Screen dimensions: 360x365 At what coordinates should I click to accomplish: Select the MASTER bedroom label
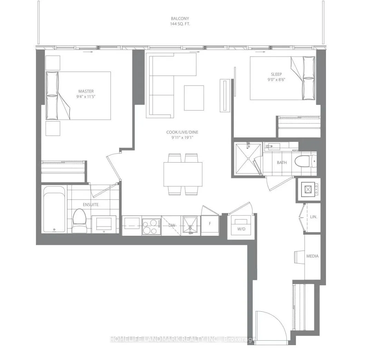tap(86, 91)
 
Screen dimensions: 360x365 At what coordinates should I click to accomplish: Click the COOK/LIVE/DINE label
tap(182, 132)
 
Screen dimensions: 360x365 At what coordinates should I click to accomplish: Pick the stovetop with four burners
tap(152, 226)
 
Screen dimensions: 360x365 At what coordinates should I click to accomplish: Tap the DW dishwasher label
tap(172, 225)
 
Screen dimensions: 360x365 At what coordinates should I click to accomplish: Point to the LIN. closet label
tap(314, 217)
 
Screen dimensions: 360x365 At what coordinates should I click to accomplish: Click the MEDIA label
tap(312, 256)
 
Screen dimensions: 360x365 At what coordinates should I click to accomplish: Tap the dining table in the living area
tap(183, 174)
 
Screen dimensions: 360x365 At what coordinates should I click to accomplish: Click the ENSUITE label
tap(90, 204)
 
